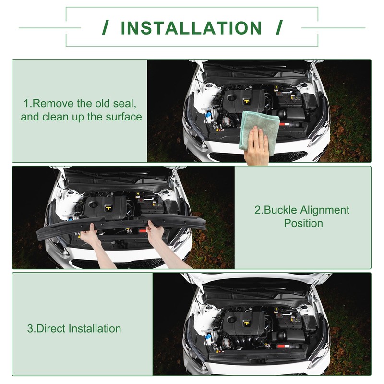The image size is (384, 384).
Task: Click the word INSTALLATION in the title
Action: pos(191,28)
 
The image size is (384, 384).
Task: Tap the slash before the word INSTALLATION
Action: pos(106,27)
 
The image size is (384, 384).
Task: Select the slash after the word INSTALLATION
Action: pos(279,27)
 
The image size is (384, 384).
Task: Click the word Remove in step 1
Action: pos(52,103)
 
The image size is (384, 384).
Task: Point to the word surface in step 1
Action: pos(123,117)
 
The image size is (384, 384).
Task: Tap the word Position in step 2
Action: pos(303,223)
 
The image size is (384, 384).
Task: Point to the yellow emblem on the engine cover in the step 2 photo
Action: pos(108,208)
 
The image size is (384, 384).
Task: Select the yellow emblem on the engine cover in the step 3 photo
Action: pos(246,324)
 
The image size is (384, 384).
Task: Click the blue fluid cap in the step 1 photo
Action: pos(208,114)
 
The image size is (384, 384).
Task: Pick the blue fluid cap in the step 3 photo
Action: pos(208,336)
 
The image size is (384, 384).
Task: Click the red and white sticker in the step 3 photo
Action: pos(284,346)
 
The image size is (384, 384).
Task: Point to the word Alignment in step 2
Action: pos(325,211)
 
